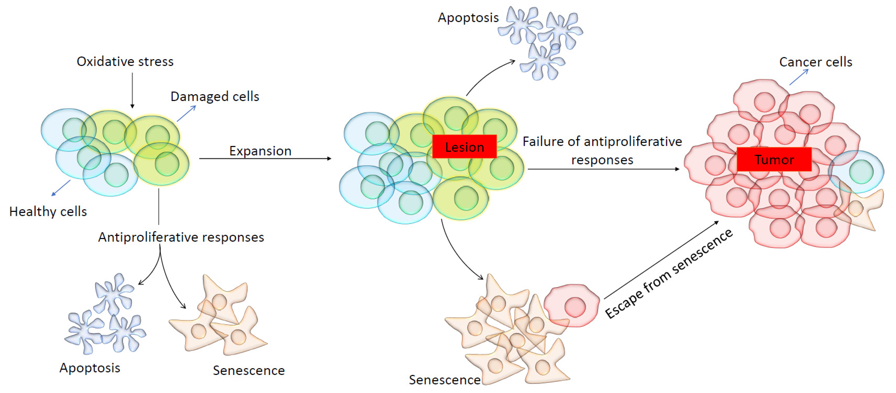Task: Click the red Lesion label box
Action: (464, 147)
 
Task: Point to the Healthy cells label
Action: (48, 211)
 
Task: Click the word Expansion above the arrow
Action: (260, 151)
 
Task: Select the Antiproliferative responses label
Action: (181, 237)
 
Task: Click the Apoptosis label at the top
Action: (468, 17)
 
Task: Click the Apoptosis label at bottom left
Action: (90, 368)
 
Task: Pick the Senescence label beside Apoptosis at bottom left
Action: (249, 370)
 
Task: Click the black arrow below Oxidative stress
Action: (132, 90)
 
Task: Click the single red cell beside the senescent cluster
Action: (571, 306)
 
